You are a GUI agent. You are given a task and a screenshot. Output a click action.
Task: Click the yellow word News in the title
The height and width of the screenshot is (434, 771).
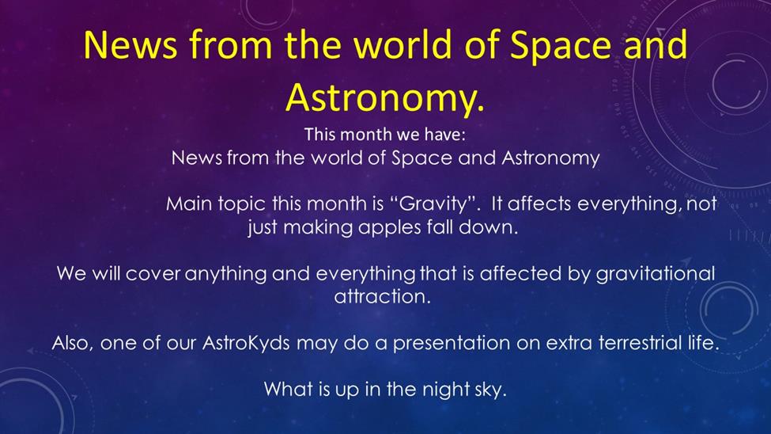[130, 45]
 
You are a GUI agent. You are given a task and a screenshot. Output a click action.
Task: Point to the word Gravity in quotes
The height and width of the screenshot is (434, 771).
[433, 204]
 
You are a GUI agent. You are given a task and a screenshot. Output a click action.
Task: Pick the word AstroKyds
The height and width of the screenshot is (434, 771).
[246, 342]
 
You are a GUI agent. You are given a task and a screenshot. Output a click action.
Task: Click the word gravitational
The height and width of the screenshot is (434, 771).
[656, 273]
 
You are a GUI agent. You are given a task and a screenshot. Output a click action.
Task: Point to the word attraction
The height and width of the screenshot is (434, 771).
[382, 296]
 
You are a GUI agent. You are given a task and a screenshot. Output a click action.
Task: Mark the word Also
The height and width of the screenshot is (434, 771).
[72, 342]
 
